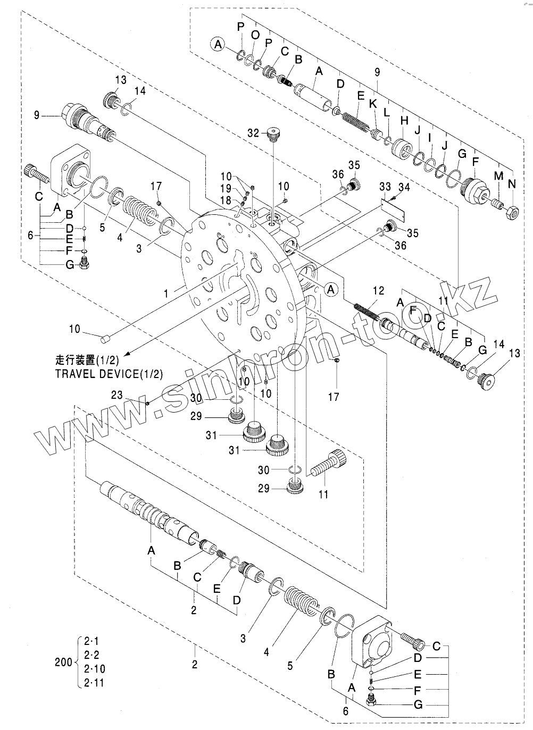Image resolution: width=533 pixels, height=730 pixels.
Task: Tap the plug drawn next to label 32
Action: tap(274, 133)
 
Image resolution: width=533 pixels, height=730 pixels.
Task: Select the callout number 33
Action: tap(386, 187)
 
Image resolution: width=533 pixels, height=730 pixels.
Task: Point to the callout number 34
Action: tap(404, 187)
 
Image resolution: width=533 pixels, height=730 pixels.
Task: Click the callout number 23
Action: tap(117, 395)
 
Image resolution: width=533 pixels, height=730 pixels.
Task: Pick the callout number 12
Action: tap(378, 290)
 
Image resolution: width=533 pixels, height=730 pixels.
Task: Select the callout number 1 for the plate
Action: tap(166, 293)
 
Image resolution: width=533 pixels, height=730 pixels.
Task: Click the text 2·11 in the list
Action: tap(94, 683)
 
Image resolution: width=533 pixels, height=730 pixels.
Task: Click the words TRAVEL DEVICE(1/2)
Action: tap(109, 373)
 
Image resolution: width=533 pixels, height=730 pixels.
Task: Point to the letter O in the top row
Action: tap(255, 35)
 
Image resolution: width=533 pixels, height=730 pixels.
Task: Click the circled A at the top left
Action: tap(218, 45)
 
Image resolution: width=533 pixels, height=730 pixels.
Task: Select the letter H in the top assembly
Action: tap(404, 120)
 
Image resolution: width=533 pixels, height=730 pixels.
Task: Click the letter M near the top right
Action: tap(498, 176)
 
